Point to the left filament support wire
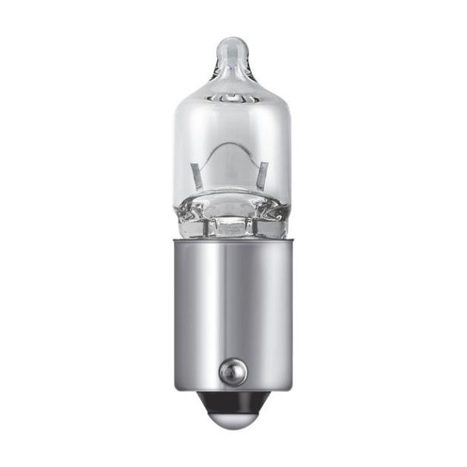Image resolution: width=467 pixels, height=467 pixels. (x=197, y=175)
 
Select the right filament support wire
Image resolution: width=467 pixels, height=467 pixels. (x=264, y=174)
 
